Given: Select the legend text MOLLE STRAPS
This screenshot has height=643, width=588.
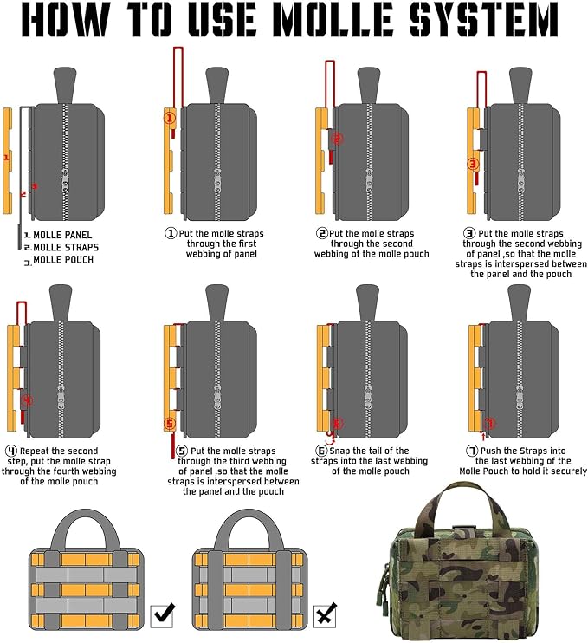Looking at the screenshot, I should tap(63, 247).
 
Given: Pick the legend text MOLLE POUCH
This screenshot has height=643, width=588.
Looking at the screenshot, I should tap(62, 259).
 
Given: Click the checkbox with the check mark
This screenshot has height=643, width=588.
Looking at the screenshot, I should tap(163, 614).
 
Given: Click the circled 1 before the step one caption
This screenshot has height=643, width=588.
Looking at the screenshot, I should tap(171, 234).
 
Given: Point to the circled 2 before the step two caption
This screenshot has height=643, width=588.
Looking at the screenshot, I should tap(322, 234).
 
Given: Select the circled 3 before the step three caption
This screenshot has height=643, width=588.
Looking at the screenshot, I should tap(469, 234).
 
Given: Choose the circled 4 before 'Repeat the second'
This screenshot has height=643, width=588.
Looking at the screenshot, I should tap(11, 451).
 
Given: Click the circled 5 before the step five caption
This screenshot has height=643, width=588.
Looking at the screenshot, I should tap(182, 451).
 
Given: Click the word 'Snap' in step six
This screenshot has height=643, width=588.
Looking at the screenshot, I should tap(346, 451).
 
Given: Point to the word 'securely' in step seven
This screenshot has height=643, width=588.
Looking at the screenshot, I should tap(564, 471).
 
